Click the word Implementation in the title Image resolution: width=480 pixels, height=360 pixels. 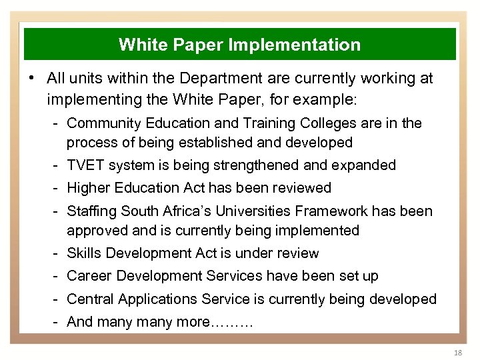[294, 45]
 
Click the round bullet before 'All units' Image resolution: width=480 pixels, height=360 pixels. [32, 79]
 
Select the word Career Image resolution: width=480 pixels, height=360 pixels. [87, 277]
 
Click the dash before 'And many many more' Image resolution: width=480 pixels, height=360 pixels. [58, 323]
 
